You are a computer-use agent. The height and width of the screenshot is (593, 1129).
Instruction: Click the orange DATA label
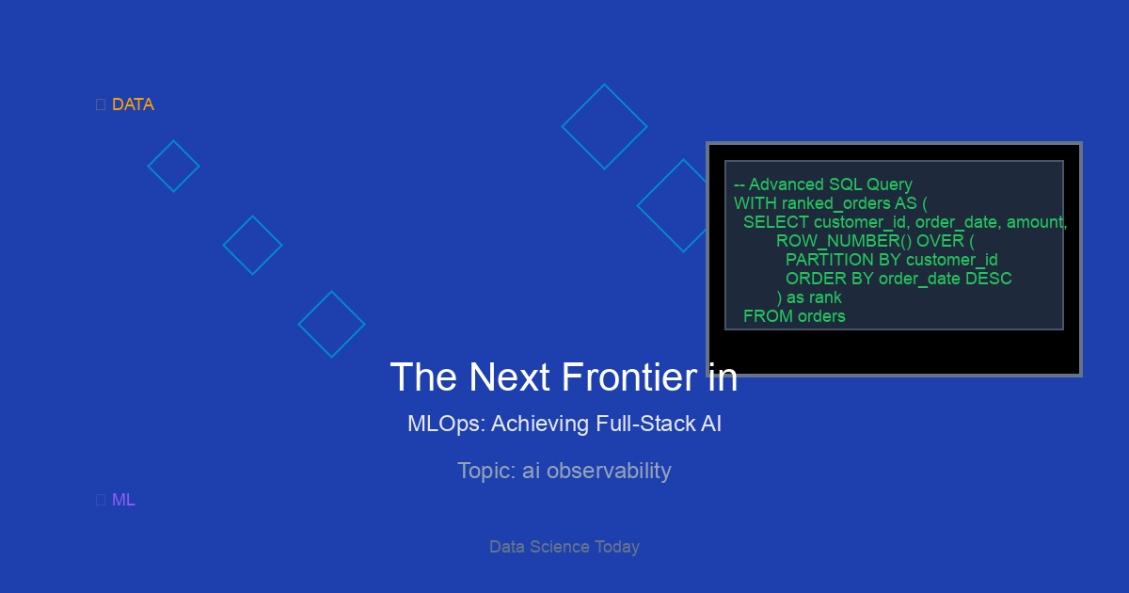pos(133,104)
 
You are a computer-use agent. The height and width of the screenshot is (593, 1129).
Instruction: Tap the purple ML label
pos(123,500)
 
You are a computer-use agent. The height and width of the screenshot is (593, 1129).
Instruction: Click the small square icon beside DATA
pos(101,104)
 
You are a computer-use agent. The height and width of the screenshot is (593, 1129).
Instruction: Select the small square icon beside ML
pos(101,500)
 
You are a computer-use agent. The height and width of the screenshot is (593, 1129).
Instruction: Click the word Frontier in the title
pos(629,377)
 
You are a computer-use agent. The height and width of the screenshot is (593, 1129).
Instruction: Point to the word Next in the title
pos(509,377)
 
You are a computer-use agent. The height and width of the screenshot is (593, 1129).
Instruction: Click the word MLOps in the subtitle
pos(447,424)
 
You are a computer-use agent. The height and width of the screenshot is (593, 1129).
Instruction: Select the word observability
pos(609,471)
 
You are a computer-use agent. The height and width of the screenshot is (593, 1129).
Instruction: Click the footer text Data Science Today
pos(564,547)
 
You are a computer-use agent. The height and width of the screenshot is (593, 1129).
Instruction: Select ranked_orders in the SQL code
pos(836,203)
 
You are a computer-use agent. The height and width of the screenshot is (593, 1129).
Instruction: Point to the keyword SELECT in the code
pos(776,222)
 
